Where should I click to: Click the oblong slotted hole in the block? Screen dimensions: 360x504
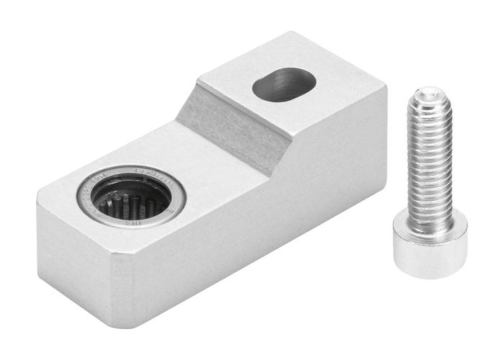click(284, 84)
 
